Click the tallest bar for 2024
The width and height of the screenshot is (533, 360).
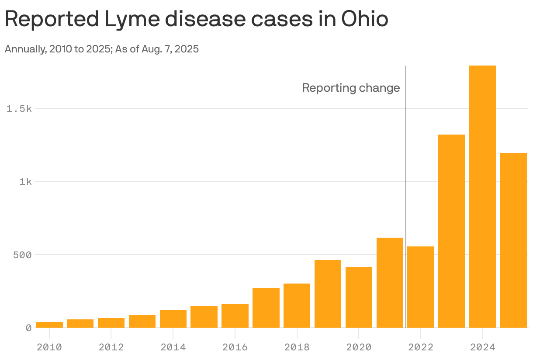(482, 197)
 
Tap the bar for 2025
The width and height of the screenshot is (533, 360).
(513, 240)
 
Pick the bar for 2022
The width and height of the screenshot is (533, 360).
(420, 287)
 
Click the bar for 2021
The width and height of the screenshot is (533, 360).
(390, 282)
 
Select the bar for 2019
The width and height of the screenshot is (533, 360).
(328, 294)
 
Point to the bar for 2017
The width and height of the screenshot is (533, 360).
(266, 308)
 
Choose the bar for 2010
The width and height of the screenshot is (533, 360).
(49, 325)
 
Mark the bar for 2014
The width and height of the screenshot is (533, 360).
(173, 318)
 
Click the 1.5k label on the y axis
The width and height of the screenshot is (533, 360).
(19, 108)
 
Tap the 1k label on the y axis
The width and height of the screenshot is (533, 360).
(25, 181)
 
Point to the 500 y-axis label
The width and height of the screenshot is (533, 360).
(22, 255)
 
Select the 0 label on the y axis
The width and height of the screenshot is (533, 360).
(28, 328)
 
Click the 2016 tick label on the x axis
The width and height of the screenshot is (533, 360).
(235, 347)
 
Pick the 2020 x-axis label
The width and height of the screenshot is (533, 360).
(359, 347)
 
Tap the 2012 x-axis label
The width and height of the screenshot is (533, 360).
(111, 347)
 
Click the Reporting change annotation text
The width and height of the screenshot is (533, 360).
(351, 88)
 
